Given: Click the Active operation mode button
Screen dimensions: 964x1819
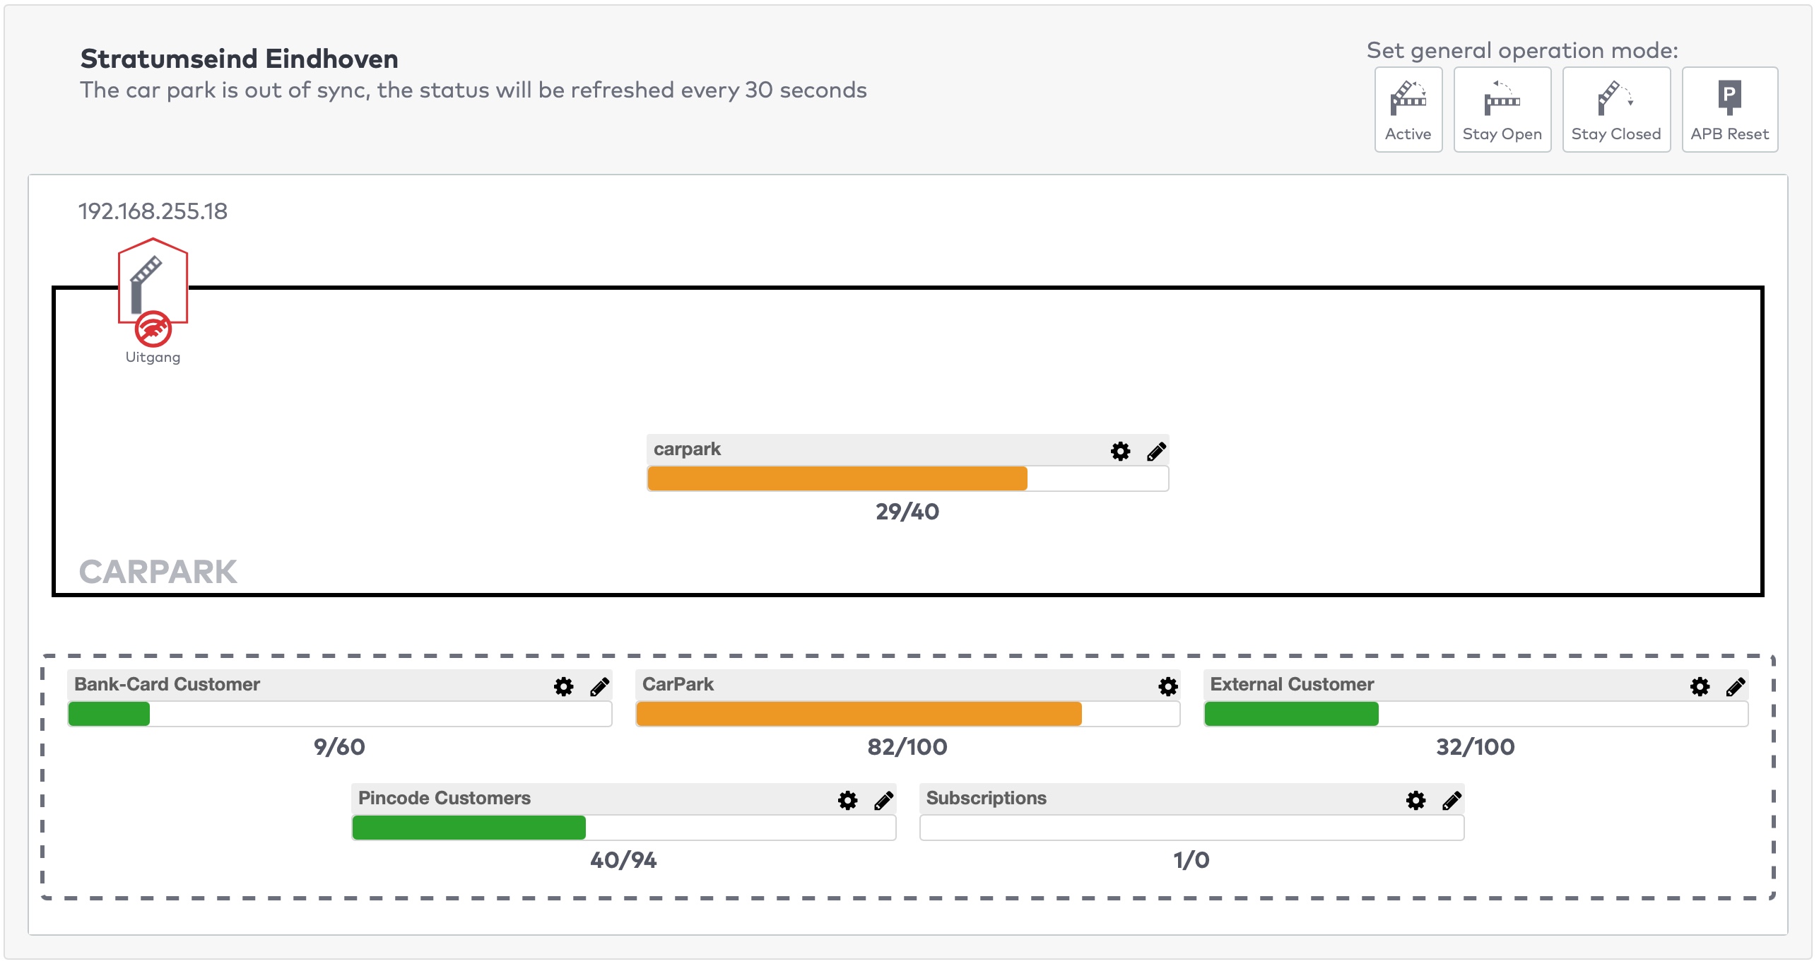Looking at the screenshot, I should [1407, 110].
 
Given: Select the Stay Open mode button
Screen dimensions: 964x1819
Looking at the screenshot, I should [1501, 110].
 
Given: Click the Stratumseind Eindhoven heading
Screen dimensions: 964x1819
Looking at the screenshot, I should [239, 59].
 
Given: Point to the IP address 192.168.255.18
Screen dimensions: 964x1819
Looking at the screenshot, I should [153, 211].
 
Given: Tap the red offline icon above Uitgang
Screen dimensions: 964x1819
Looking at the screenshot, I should [153, 329].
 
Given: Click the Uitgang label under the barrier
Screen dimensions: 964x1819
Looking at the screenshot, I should [153, 358].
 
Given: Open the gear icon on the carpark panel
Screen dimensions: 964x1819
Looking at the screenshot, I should [1120, 451].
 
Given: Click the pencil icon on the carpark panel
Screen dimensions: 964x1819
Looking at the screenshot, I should [1156, 451].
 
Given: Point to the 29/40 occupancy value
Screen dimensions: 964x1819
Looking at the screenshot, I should [907, 512].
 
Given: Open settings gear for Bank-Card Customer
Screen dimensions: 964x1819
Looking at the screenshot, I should [563, 686].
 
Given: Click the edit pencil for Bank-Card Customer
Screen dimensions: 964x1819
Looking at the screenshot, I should [599, 686].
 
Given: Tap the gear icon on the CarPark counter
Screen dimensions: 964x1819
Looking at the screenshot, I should [1167, 686].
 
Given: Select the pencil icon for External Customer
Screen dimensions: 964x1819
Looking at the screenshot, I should [1735, 686].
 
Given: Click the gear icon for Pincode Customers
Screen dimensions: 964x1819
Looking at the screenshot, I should [847, 800].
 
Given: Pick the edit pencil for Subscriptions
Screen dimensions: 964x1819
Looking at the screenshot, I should [1452, 800].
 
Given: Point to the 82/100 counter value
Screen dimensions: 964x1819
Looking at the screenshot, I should [907, 747].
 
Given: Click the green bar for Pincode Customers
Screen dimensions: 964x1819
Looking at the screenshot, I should [469, 828].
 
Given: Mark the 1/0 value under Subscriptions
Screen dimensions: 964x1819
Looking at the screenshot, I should [1191, 860].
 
